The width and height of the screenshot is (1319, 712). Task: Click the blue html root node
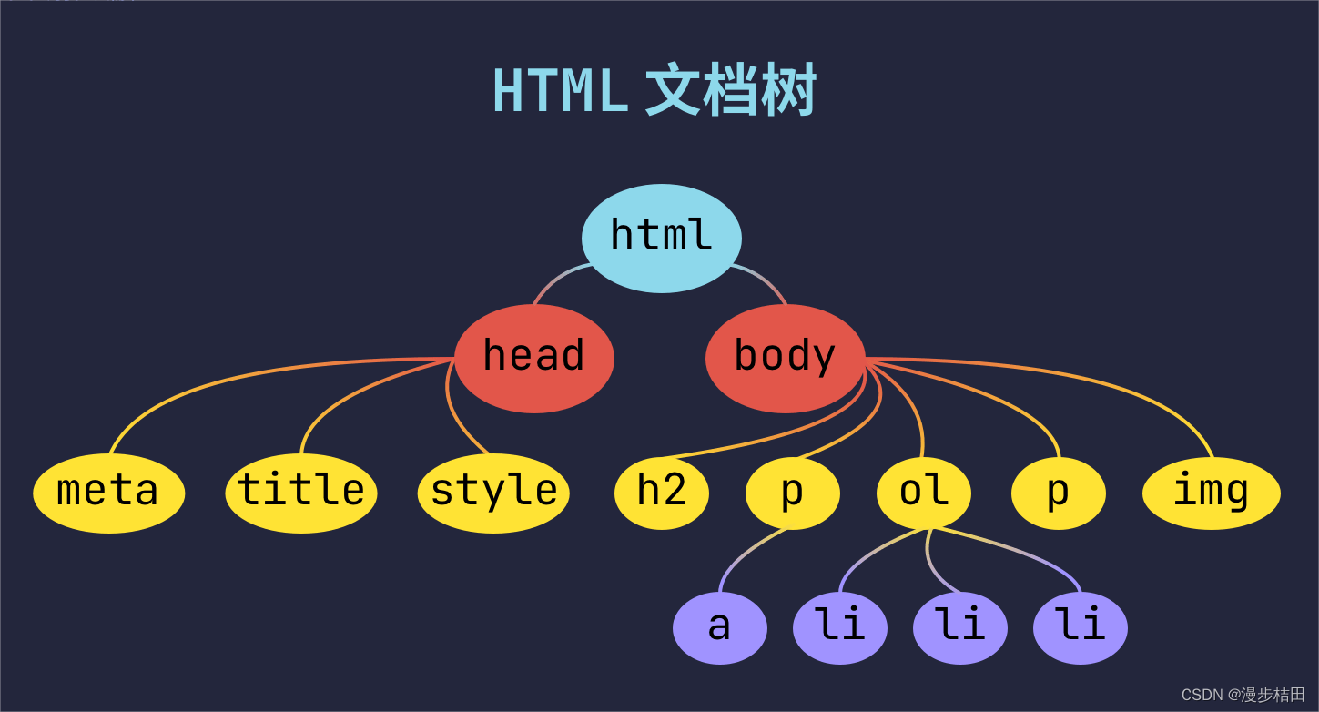point(662,238)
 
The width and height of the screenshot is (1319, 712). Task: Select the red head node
point(534,358)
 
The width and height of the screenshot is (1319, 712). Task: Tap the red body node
point(785,358)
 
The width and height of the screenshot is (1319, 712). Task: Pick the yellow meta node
point(109,493)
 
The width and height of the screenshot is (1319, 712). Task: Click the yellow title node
point(301,493)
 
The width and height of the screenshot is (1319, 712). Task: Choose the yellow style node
point(493,493)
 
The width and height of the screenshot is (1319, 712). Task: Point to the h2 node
point(662,493)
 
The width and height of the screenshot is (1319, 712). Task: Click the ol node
point(924,493)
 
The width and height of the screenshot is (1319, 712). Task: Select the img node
point(1211,493)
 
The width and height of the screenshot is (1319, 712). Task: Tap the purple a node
point(720,627)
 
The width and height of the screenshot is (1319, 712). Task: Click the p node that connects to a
point(793,493)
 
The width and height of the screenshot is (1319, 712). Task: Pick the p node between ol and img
point(1059,493)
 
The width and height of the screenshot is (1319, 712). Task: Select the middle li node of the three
point(960,627)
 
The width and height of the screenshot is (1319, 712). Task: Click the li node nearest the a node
point(840,627)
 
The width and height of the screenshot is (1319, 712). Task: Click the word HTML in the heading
point(560,91)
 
